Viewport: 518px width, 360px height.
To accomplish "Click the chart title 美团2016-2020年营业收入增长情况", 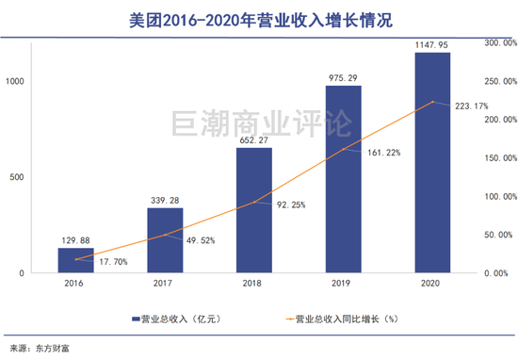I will (x=259, y=18).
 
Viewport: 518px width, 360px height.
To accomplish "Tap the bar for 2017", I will (x=165, y=240).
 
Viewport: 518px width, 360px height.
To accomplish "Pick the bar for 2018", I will (x=254, y=210).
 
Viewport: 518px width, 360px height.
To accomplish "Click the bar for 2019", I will (x=344, y=179).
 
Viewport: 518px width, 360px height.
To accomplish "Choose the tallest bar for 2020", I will (x=432, y=162).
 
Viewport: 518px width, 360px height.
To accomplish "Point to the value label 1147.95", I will (x=432, y=43).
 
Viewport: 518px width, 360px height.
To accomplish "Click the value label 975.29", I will (x=344, y=77).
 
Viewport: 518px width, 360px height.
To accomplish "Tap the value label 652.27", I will (x=254, y=139).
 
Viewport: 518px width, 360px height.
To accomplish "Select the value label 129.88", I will (x=76, y=239).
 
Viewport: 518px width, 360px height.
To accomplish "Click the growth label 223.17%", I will (x=468, y=106).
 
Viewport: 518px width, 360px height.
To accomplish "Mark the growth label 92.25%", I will (x=289, y=205).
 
